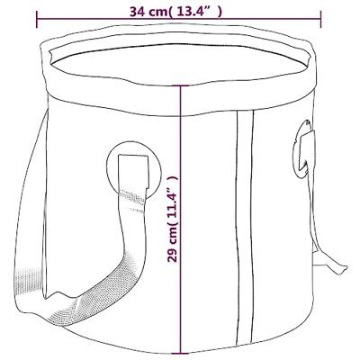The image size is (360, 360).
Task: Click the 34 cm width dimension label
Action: [176, 12]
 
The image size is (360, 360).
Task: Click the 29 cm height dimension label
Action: [173, 219]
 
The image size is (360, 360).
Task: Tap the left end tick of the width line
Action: [37, 19]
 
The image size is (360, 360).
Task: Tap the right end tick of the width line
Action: [320, 19]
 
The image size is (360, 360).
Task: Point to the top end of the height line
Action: [180, 86]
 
